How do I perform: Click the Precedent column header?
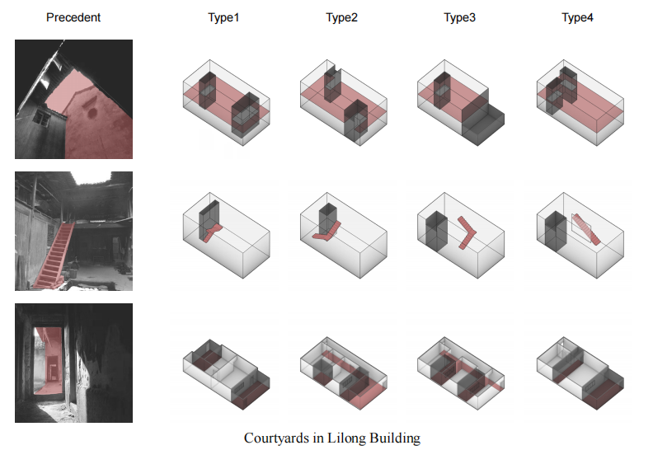pyautogui.click(x=73, y=17)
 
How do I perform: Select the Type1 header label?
pyautogui.click(x=223, y=17)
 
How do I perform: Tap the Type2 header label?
pyautogui.click(x=341, y=17)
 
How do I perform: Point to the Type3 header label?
pyautogui.click(x=460, y=17)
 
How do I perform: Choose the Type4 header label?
pyautogui.click(x=577, y=17)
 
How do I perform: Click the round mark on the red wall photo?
pyautogui.click(x=93, y=109)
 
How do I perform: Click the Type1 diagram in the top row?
pyautogui.click(x=223, y=101)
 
